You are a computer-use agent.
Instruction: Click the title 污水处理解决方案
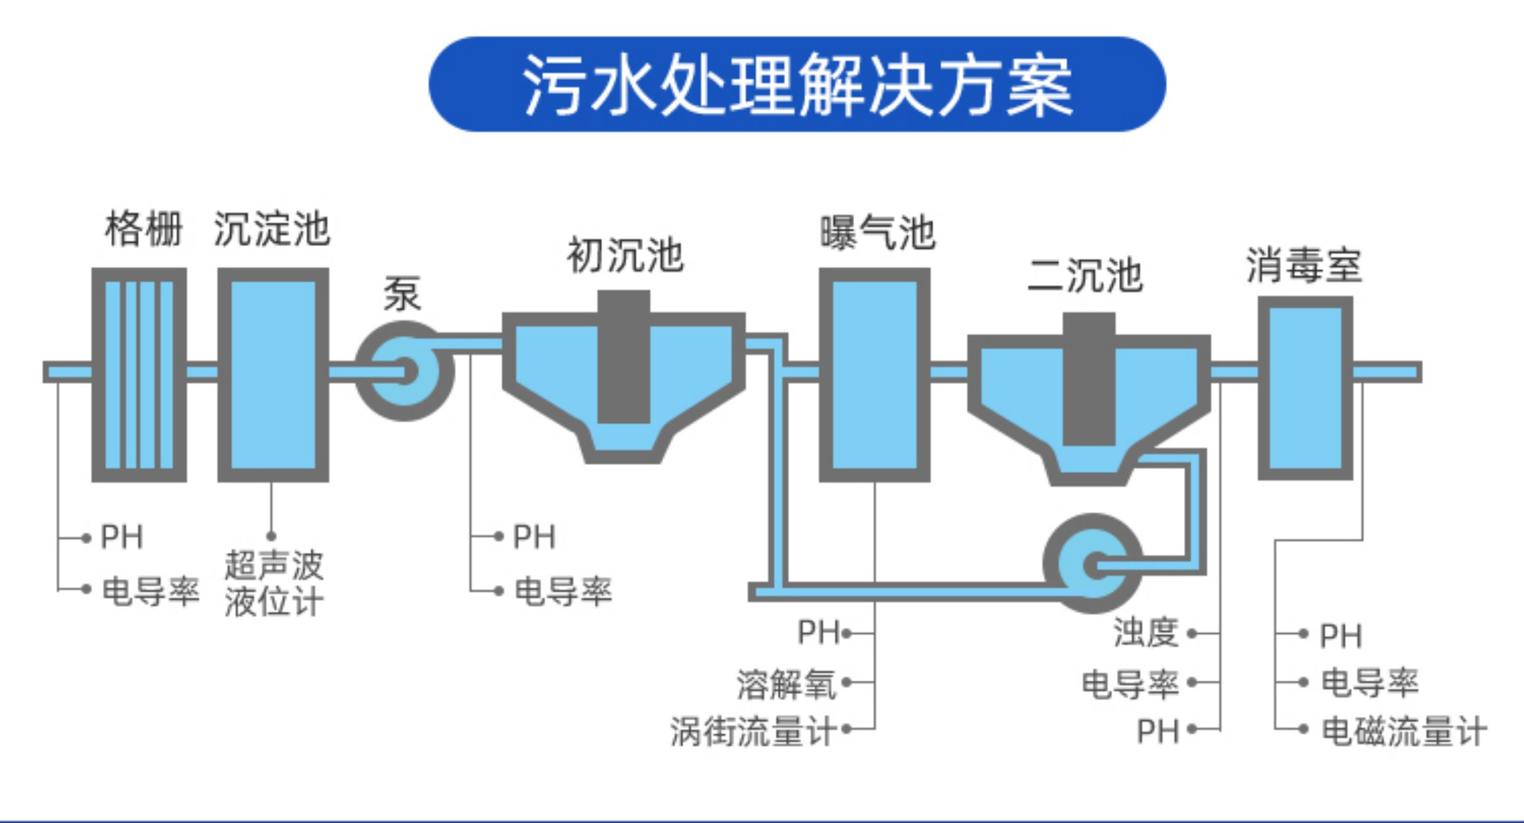[x=797, y=84]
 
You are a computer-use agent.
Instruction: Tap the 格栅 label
[x=144, y=228]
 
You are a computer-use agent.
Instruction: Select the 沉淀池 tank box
[x=273, y=374]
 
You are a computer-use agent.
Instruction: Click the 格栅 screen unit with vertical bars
[x=139, y=374]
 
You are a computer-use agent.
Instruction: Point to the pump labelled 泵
[x=404, y=371]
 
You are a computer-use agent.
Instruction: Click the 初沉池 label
[x=624, y=255]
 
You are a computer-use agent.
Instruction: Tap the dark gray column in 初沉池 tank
[x=624, y=357]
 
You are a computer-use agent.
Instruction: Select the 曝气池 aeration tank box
[x=874, y=374]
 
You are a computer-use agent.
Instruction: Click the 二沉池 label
[x=1085, y=275]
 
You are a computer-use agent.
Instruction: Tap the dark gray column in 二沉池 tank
[x=1089, y=379]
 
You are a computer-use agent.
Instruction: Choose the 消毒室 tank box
[x=1305, y=388]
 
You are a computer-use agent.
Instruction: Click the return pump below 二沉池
[x=1093, y=563]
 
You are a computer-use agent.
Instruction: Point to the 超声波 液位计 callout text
[x=273, y=583]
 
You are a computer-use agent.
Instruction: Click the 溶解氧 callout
[x=787, y=684]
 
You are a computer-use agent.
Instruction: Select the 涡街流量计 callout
[x=753, y=731]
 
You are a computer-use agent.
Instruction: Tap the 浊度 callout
[x=1146, y=633]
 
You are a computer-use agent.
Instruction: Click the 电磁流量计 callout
[x=1404, y=731]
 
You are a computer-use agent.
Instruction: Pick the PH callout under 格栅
[x=122, y=537]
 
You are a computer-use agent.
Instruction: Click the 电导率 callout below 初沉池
[x=563, y=591]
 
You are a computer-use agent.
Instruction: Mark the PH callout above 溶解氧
[x=819, y=632]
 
